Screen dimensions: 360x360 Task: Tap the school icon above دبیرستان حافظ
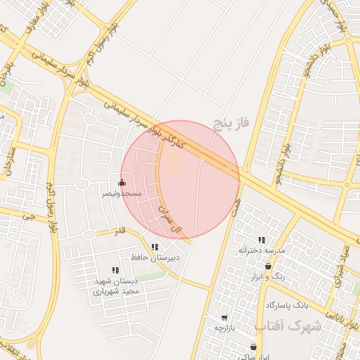tap(155, 247)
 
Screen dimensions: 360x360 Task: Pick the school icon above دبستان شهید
tap(115, 270)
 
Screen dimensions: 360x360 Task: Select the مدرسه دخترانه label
tap(262, 250)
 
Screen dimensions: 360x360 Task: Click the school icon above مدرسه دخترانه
tap(262, 240)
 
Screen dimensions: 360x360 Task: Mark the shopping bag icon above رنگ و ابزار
tap(269, 266)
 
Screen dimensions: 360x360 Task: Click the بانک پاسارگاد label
tap(288, 306)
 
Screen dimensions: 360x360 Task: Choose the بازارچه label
tap(227, 328)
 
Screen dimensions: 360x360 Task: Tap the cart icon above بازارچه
tap(224, 318)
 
